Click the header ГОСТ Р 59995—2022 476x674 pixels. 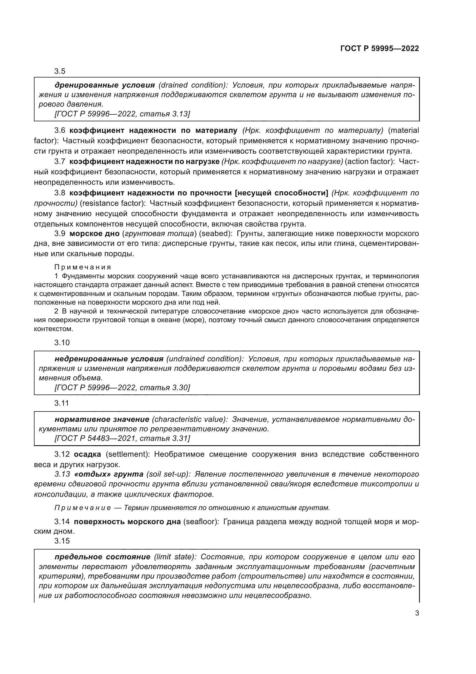tap(380, 48)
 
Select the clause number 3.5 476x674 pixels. tap(60, 71)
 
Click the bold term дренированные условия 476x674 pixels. tap(105, 85)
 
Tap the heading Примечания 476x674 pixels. tap(83, 267)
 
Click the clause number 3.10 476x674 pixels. tap(62, 343)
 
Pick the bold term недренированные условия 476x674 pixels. tap(109, 359)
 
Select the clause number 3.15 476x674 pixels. tap(62, 541)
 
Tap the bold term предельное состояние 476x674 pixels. tap(102, 557)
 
